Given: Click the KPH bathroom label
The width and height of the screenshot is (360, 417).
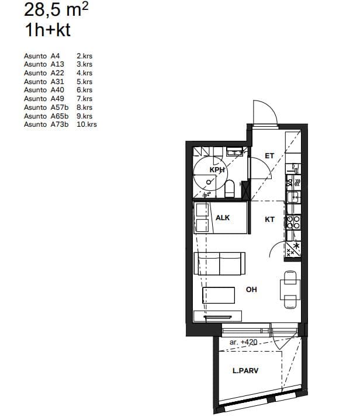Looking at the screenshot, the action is pos(217,170).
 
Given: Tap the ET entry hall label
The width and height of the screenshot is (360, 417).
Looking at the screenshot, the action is pos(269,156).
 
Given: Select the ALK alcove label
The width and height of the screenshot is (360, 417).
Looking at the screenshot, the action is pos(223,218).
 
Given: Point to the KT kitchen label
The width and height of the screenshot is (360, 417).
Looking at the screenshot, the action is pos(269,220).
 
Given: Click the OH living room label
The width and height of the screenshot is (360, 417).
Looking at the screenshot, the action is pos(251,289).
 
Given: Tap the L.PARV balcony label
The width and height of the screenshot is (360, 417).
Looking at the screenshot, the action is pos(245,370).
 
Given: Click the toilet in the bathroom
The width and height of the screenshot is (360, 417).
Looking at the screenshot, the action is pos(229,189).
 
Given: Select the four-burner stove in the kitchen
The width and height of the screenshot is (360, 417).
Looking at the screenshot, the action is pos(293,223).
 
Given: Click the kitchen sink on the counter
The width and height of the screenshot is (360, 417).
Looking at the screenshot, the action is pos(294,197).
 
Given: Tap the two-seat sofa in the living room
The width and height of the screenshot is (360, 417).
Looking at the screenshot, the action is pos(220,263).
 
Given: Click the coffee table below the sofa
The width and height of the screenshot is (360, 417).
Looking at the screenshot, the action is pos(219,295).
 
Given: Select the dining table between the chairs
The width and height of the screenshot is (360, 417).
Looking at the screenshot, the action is pos(290,290).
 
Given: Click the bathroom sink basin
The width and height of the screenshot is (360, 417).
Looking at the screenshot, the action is pos(234,152).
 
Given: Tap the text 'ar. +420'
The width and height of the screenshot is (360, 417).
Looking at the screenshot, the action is pos(243,342).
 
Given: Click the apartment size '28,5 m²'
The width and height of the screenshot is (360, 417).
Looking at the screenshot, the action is pos(56,10).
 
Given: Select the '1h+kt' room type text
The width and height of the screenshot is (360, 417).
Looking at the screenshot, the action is pos(47,30).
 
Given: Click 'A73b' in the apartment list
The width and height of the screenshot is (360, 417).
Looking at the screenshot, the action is pos(60,124).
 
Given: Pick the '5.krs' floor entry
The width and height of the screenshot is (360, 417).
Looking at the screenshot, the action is pos(84,82).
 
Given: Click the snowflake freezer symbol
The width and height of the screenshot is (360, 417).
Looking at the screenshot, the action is pos(296,245).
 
